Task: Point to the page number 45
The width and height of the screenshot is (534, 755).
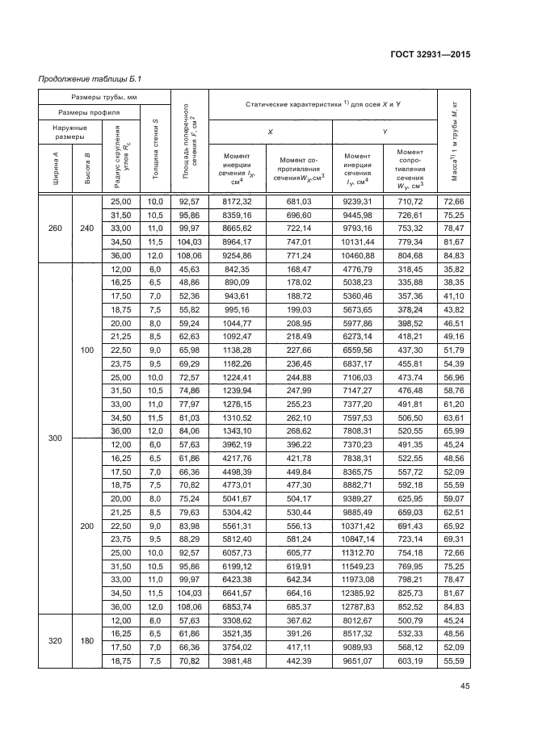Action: click(464, 688)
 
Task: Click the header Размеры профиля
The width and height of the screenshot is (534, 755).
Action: click(89, 112)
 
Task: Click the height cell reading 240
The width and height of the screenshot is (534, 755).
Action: click(87, 227)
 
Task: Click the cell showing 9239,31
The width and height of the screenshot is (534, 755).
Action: click(357, 201)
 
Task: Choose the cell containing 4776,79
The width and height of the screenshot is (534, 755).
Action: click(357, 269)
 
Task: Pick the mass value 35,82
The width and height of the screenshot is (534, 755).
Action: click(452, 269)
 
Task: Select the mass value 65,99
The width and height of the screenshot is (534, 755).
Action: click(452, 432)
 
